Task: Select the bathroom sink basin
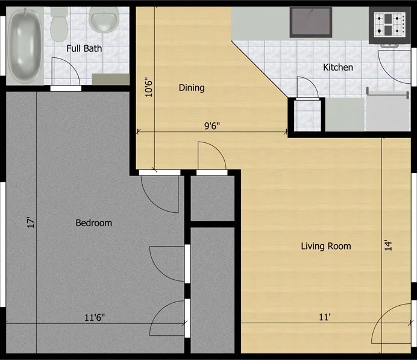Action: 104,19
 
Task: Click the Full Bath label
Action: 84,48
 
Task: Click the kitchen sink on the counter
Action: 311,22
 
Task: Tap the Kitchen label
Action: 338,68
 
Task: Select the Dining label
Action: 192,88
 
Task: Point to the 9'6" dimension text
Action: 212,126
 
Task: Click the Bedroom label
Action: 93,223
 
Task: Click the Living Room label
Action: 326,246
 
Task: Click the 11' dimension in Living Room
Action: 325,317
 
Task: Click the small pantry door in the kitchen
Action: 307,88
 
